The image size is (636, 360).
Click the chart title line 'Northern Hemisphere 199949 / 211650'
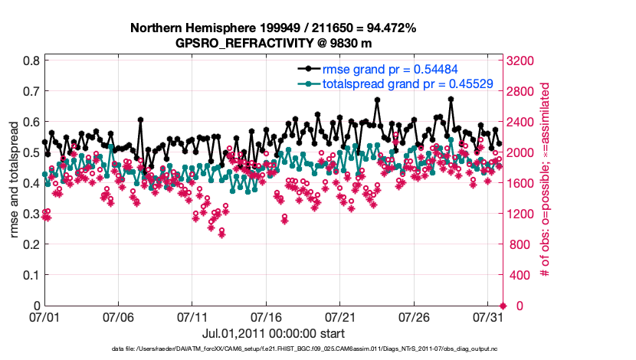pyautogui.click(x=273, y=28)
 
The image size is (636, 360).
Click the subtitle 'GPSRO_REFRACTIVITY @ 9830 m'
pyautogui.click(x=273, y=43)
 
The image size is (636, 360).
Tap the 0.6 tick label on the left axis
pyautogui.click(x=31, y=122)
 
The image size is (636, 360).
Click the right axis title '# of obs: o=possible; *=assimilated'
pyautogui.click(x=546, y=183)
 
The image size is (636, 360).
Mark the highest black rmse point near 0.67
pyautogui.click(x=451, y=99)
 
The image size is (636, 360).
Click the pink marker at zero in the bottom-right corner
pyautogui.click(x=503, y=306)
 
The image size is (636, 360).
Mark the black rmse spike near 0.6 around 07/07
pyautogui.click(x=141, y=120)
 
